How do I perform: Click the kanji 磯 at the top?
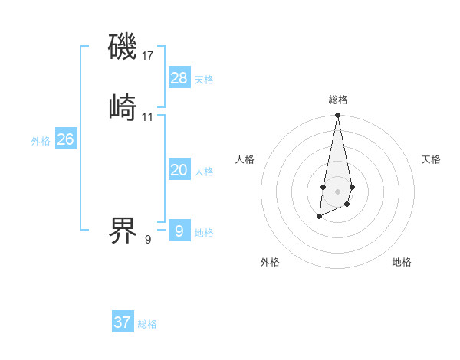[x=123, y=47]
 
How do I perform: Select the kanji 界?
[x=123, y=231]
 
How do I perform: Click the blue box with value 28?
[x=179, y=78]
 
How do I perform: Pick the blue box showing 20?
[x=179, y=170]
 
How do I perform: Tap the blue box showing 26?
[x=66, y=139]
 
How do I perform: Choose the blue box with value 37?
[x=123, y=322]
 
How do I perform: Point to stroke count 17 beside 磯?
[x=148, y=56]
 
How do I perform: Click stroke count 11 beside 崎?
[x=148, y=116]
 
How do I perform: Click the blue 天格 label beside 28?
[x=204, y=80]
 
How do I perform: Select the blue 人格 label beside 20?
[x=204, y=172]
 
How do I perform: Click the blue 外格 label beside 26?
[x=41, y=141]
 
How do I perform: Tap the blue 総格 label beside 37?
[x=147, y=324]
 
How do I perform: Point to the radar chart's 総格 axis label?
[x=338, y=100]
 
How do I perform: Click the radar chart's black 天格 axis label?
[x=432, y=159]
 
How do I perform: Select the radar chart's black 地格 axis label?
[x=402, y=263]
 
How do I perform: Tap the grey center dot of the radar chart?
[x=338, y=191]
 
